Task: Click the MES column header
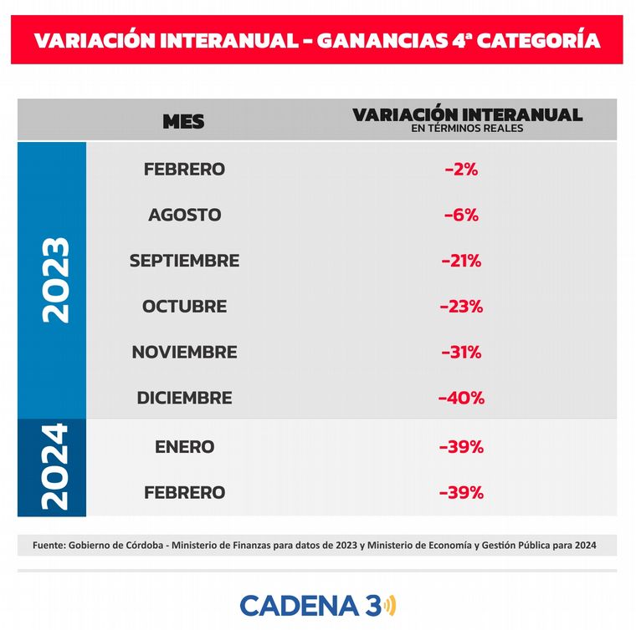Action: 183,121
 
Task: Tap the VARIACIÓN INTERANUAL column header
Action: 467,114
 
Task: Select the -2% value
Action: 461,169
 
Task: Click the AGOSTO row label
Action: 184,215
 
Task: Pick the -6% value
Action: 461,215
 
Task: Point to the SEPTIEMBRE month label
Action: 184,261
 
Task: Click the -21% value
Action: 461,261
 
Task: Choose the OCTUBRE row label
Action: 184,306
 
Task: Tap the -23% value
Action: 461,306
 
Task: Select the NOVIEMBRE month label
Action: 184,352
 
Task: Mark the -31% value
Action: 461,352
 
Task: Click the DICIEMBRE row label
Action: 184,398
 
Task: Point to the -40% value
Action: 461,398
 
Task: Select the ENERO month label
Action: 184,446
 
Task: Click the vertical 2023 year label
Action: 54,280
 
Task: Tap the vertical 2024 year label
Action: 54,467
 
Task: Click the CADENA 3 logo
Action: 318,604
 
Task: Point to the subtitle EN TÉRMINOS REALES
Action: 467,129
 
